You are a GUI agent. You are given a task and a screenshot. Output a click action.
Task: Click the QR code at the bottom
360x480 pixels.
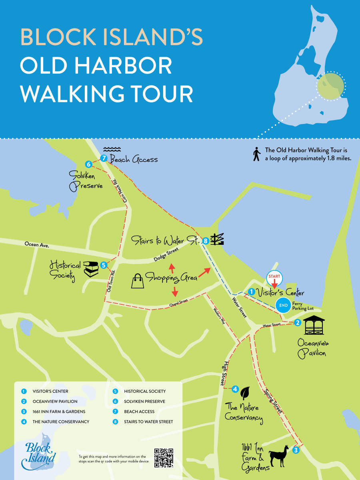coord(164,458)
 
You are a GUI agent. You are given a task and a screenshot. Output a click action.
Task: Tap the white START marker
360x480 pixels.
coord(274,277)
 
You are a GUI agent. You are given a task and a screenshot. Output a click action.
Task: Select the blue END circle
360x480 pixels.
coord(284,305)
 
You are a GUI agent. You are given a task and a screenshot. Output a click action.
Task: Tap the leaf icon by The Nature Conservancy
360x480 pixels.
coord(245,393)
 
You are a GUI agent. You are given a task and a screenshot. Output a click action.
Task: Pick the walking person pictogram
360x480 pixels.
coord(256,154)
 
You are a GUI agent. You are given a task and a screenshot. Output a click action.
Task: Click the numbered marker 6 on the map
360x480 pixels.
coord(89,164)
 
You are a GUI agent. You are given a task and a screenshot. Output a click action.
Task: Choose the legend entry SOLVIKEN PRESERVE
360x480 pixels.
coord(144,401)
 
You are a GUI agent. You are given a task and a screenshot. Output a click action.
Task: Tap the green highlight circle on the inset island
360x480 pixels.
coord(330,85)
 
